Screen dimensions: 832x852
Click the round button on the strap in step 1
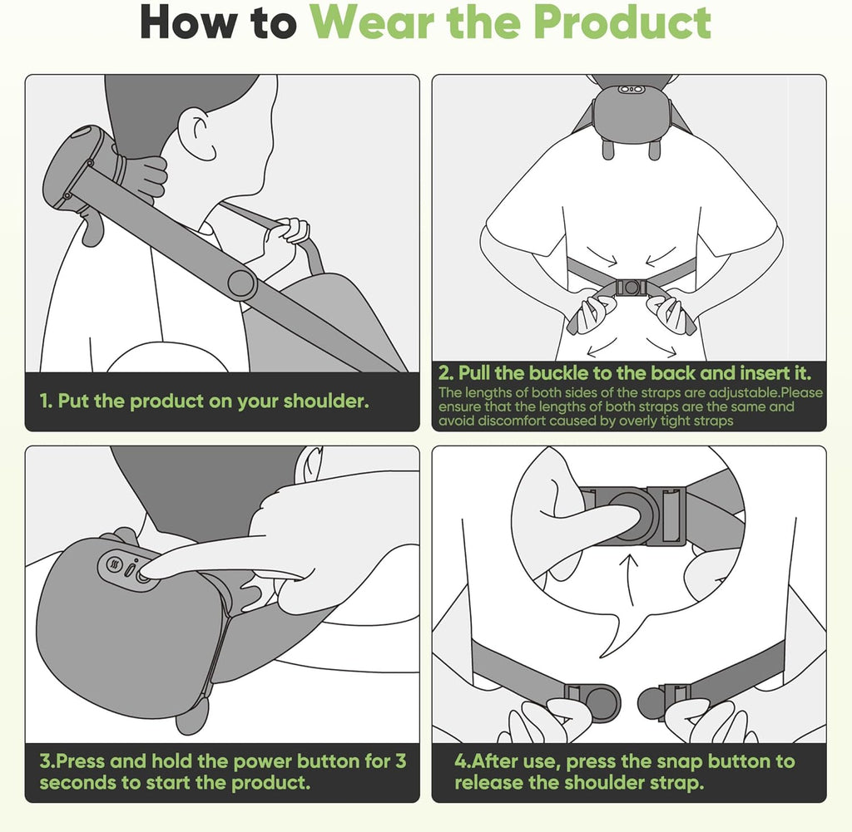(x=241, y=283)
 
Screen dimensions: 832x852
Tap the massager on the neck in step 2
(x=630, y=108)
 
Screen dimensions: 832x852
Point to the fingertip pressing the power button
(x=148, y=574)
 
